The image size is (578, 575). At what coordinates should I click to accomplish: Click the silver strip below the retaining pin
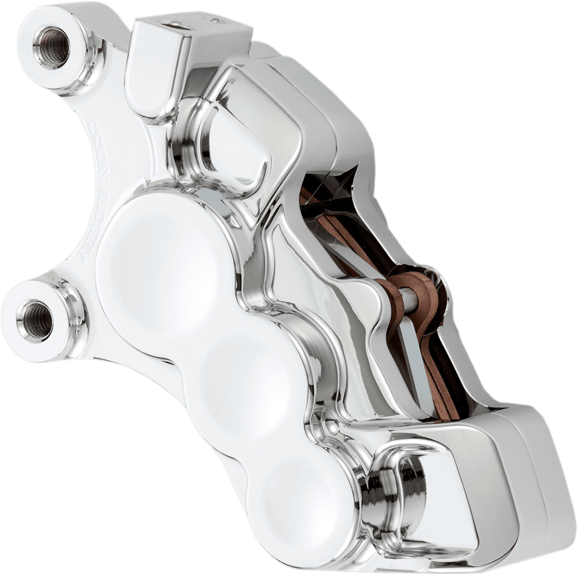[417, 368]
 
